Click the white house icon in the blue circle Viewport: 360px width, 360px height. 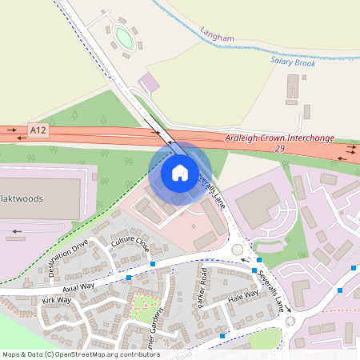coord(179,172)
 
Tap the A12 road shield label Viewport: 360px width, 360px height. coord(37,129)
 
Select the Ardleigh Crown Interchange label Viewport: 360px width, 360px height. coord(278,138)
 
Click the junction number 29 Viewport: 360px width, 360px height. coord(278,149)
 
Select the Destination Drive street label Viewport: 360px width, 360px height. coord(67,261)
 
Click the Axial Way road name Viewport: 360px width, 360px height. coord(78,286)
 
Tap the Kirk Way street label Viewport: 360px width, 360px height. coord(57,301)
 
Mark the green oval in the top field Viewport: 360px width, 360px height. coord(122,36)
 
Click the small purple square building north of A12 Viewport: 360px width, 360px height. coord(149,82)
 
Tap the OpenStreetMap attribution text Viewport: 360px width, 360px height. coord(80,354)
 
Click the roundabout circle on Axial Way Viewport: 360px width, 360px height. coord(238,250)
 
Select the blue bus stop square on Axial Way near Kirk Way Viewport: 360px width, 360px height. coord(129,278)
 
